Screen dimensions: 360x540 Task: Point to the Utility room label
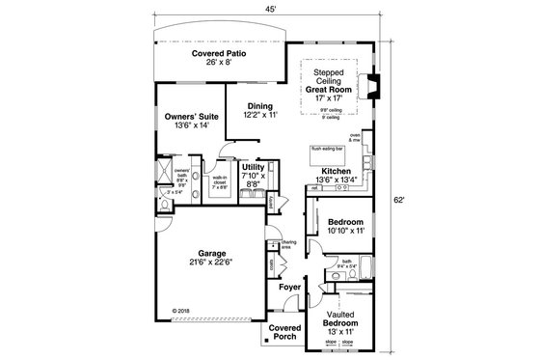click(254, 167)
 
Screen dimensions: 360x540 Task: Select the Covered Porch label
click(284, 332)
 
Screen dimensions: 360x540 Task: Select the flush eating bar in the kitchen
click(328, 149)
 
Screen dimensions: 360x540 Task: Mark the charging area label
click(288, 244)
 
